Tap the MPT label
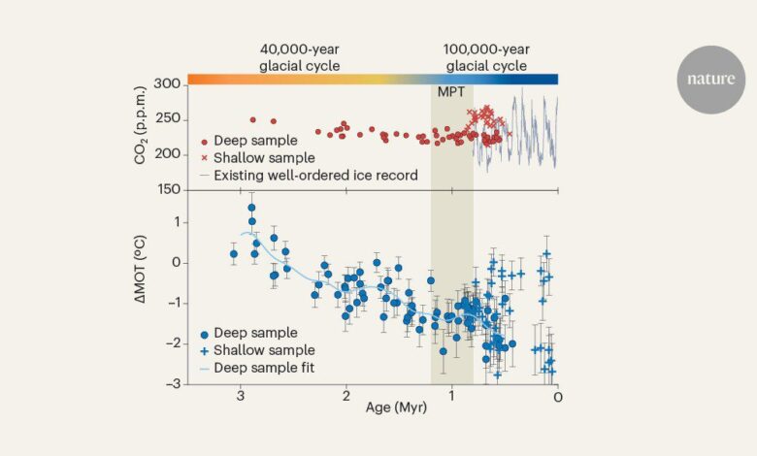pyautogui.click(x=452, y=93)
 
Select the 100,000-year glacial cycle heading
pyautogui.click(x=485, y=56)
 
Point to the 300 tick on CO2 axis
pyautogui.click(x=168, y=84)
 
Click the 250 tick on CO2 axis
pyautogui.click(x=168, y=119)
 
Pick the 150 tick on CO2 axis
pyautogui.click(x=168, y=190)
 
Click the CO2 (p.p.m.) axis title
pyautogui.click(x=143, y=137)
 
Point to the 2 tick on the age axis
pyautogui.click(x=346, y=398)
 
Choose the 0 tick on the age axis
pyautogui.click(x=557, y=398)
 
